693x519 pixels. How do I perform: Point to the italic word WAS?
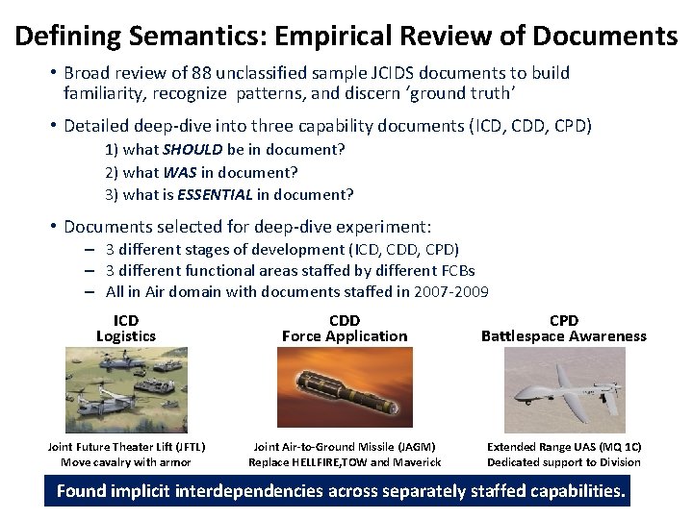tap(179, 172)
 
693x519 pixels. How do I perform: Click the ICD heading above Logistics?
tap(126, 320)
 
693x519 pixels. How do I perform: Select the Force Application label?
tap(345, 336)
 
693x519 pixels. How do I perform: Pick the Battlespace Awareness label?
tap(564, 336)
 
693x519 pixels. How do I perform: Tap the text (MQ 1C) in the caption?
tap(616, 447)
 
